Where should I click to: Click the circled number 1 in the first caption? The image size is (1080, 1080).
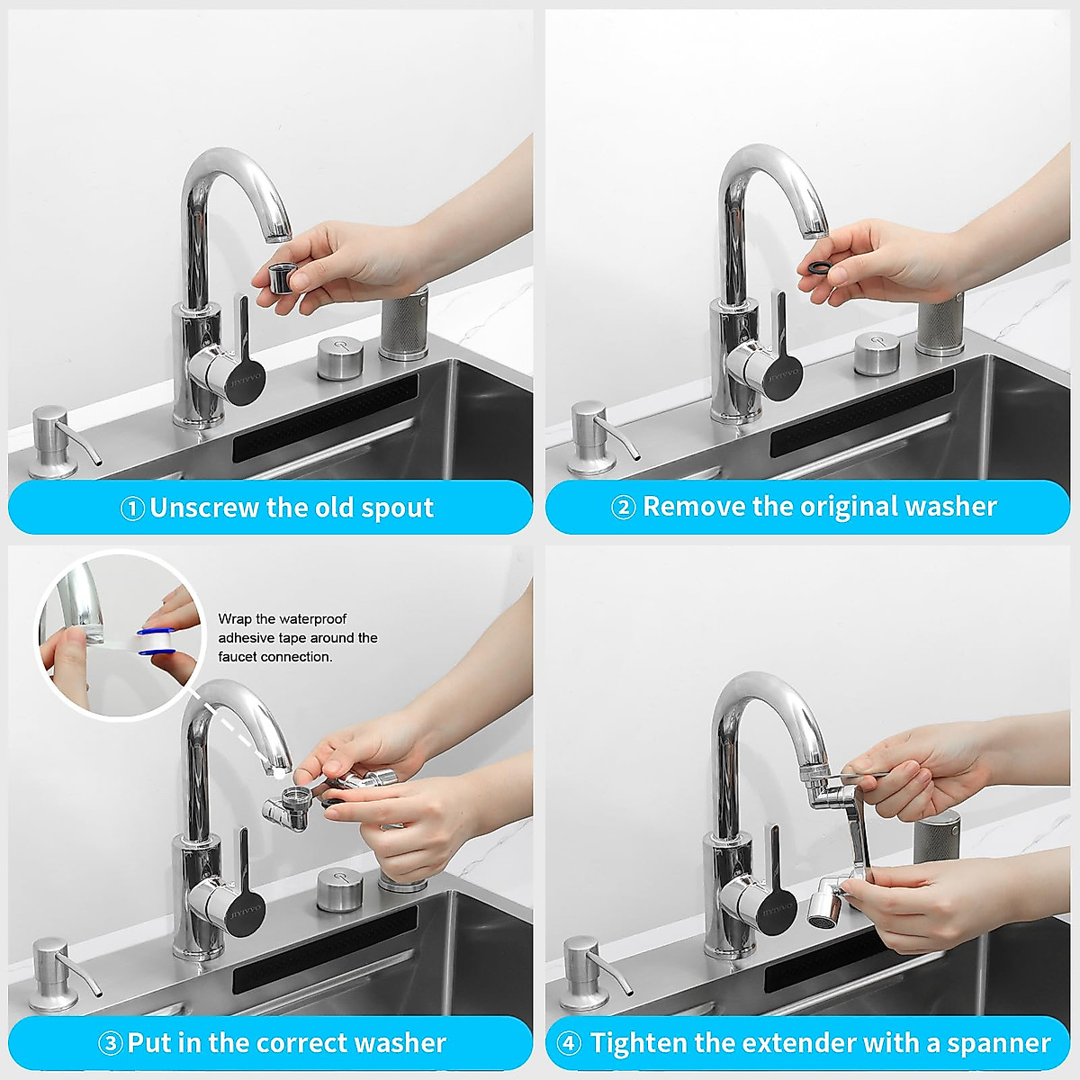pyautogui.click(x=132, y=508)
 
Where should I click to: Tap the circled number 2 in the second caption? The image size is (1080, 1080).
pyautogui.click(x=624, y=508)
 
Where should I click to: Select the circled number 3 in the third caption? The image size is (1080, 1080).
pyautogui.click(x=110, y=1044)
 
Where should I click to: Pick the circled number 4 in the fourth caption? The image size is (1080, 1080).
pyautogui.click(x=569, y=1044)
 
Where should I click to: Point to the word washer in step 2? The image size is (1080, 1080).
pyautogui.click(x=950, y=507)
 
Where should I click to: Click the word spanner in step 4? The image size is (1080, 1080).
pyautogui.click(x=999, y=1043)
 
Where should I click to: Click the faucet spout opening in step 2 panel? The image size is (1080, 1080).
pyautogui.click(x=815, y=229)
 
